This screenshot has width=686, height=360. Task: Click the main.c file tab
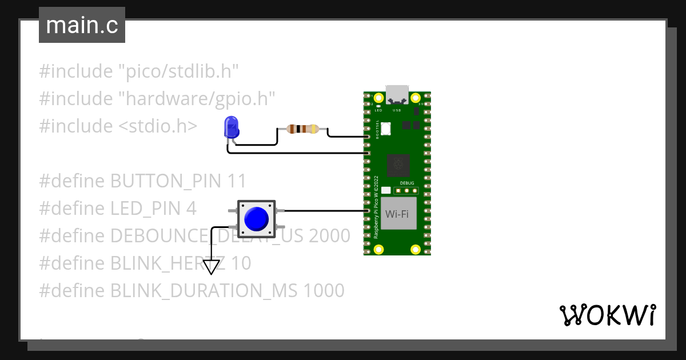[x=82, y=26]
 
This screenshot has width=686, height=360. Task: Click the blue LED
[x=232, y=126]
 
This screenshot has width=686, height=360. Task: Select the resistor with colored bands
[x=302, y=129]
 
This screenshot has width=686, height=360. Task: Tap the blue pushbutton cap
[x=256, y=218]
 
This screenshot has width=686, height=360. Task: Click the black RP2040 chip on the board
[x=398, y=165]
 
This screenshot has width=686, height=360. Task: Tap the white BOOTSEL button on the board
[x=385, y=129]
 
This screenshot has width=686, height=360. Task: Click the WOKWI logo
[x=607, y=315]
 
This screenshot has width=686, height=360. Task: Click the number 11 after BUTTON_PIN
[x=237, y=181]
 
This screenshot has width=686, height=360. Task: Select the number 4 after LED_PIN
[x=191, y=209]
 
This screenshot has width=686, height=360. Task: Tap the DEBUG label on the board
[x=408, y=183]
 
